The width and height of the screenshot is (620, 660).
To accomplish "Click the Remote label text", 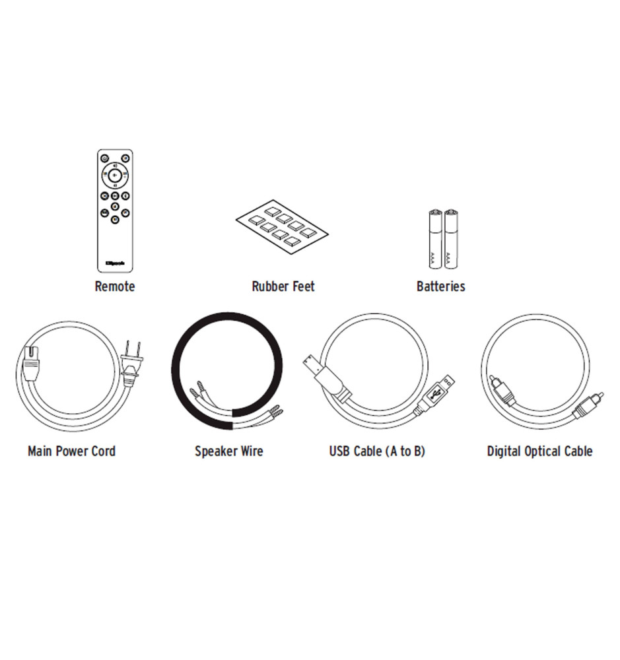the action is point(115,286).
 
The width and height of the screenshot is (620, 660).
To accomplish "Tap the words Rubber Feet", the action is point(283,286).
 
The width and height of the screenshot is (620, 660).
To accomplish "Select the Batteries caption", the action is point(440,286).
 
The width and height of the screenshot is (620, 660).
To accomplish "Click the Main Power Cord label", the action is point(71,451).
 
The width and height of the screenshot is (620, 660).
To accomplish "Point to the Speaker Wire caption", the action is point(228,451).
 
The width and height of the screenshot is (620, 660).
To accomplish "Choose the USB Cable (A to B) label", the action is point(377,451).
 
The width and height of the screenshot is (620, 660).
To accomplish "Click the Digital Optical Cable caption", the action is point(539,451).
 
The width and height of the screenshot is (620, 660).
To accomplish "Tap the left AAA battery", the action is point(436,239).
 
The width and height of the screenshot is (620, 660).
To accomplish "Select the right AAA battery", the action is point(451,239).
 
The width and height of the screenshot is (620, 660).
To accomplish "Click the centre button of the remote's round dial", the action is point(115,175).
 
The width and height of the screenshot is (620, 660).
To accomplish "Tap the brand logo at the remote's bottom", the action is point(115,264).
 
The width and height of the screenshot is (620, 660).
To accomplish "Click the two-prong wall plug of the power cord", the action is point(132,364).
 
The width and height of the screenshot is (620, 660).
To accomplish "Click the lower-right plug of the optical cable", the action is point(588,404).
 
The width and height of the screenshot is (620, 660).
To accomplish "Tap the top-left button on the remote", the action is point(104,158).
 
